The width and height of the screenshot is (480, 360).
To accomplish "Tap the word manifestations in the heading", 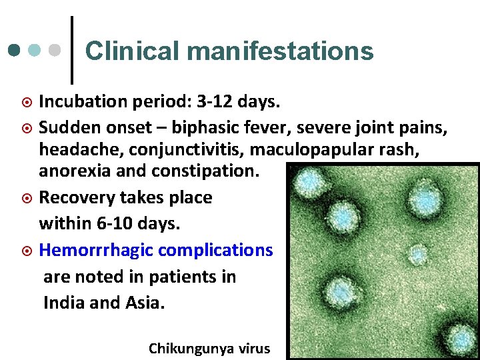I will [x=279, y=51].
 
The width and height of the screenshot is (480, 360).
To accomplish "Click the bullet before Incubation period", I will [x=27, y=103].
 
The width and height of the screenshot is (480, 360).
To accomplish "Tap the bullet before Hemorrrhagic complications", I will [x=27, y=251].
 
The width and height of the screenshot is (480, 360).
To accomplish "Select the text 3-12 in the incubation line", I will [x=223, y=102].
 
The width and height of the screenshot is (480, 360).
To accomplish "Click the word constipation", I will [x=213, y=171].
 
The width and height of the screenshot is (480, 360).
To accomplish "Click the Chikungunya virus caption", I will [x=209, y=348].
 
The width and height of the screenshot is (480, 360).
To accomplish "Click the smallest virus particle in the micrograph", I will [x=419, y=254].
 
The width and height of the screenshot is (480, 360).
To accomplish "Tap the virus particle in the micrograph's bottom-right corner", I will [x=461, y=338].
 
